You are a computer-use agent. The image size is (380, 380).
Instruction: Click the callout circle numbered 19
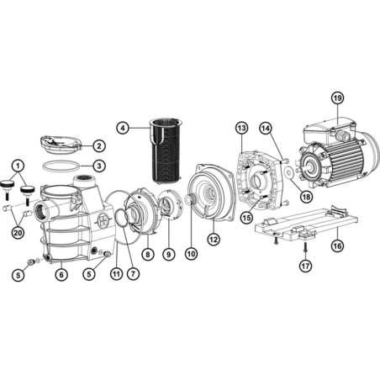[x=337, y=98]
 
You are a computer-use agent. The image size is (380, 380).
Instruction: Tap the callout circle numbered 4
[x=124, y=129]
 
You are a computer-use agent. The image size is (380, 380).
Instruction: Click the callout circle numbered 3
[x=98, y=166]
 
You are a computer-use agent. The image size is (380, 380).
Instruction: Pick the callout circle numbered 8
[x=148, y=253]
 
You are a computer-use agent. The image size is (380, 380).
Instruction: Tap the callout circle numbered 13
[x=240, y=128]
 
